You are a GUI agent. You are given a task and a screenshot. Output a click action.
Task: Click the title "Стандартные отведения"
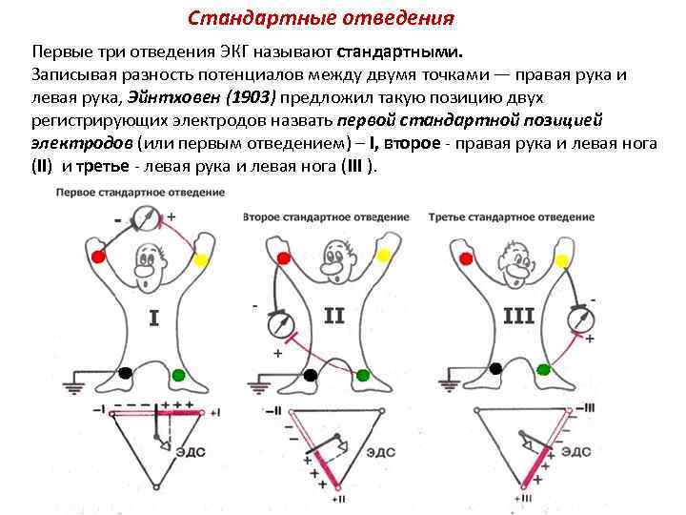(320, 18)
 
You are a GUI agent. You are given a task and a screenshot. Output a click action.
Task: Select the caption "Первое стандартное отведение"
(141, 193)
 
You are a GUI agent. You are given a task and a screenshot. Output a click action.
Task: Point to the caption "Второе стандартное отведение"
(326, 217)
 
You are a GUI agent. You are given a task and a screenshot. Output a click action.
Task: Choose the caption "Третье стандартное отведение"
(511, 217)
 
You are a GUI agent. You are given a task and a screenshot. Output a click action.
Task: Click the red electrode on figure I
(97, 257)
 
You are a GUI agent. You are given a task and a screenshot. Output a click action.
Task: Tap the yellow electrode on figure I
(201, 259)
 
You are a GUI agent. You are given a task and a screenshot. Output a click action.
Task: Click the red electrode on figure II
(282, 258)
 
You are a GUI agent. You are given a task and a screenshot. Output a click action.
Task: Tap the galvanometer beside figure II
(278, 325)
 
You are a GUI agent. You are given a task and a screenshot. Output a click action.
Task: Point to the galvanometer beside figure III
(578, 318)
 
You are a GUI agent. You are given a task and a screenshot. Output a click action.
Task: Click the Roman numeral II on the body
(333, 314)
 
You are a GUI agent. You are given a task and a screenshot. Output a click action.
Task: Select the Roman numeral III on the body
(518, 316)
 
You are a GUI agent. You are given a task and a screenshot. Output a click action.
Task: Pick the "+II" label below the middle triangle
(337, 499)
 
